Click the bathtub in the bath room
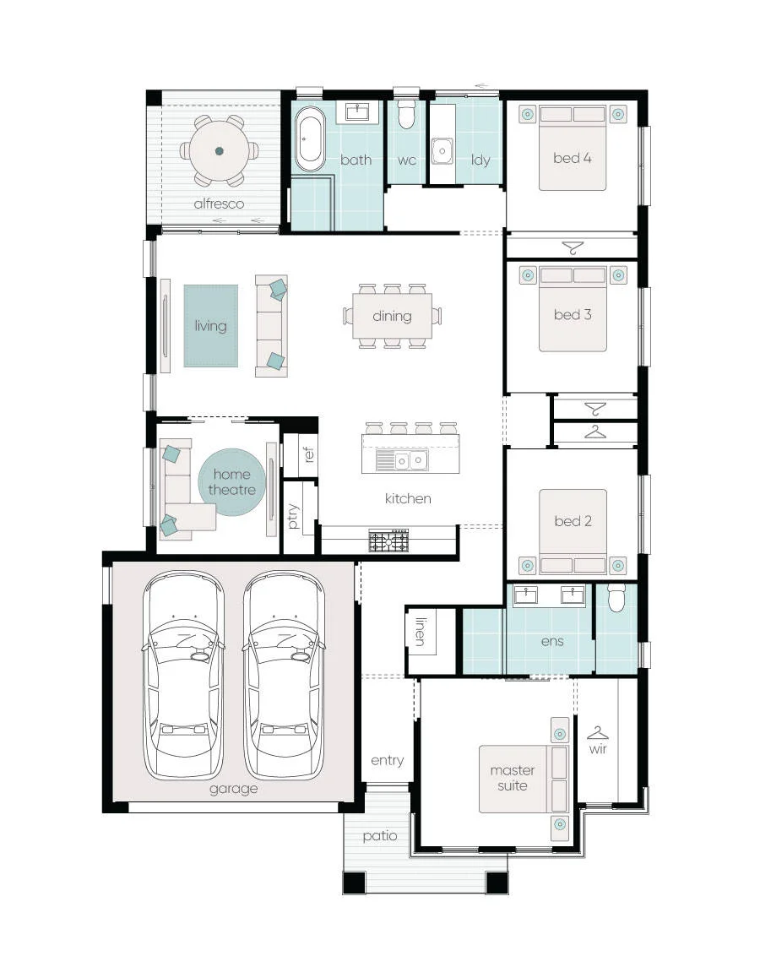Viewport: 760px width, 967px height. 310,139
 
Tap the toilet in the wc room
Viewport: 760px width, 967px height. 406,113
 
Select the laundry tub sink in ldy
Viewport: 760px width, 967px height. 442,151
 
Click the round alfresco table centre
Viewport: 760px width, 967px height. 219,151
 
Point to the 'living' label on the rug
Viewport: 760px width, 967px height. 210,326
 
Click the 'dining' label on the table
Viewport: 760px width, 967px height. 392,317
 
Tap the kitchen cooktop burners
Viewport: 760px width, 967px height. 388,541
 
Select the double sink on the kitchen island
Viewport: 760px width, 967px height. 410,460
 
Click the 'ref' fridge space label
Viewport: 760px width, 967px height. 309,454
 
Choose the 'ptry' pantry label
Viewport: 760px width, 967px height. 293,516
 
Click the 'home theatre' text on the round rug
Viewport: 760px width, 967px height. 231,481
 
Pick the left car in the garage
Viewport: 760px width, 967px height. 183,675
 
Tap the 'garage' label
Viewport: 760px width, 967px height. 233,789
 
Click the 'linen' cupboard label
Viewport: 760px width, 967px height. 420,632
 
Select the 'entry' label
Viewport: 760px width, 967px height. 388,760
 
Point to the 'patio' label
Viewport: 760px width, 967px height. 379,835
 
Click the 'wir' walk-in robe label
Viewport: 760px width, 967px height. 598,748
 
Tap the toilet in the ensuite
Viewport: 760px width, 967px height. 616,598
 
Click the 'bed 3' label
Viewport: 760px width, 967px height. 573,314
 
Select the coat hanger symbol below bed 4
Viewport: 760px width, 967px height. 573,247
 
